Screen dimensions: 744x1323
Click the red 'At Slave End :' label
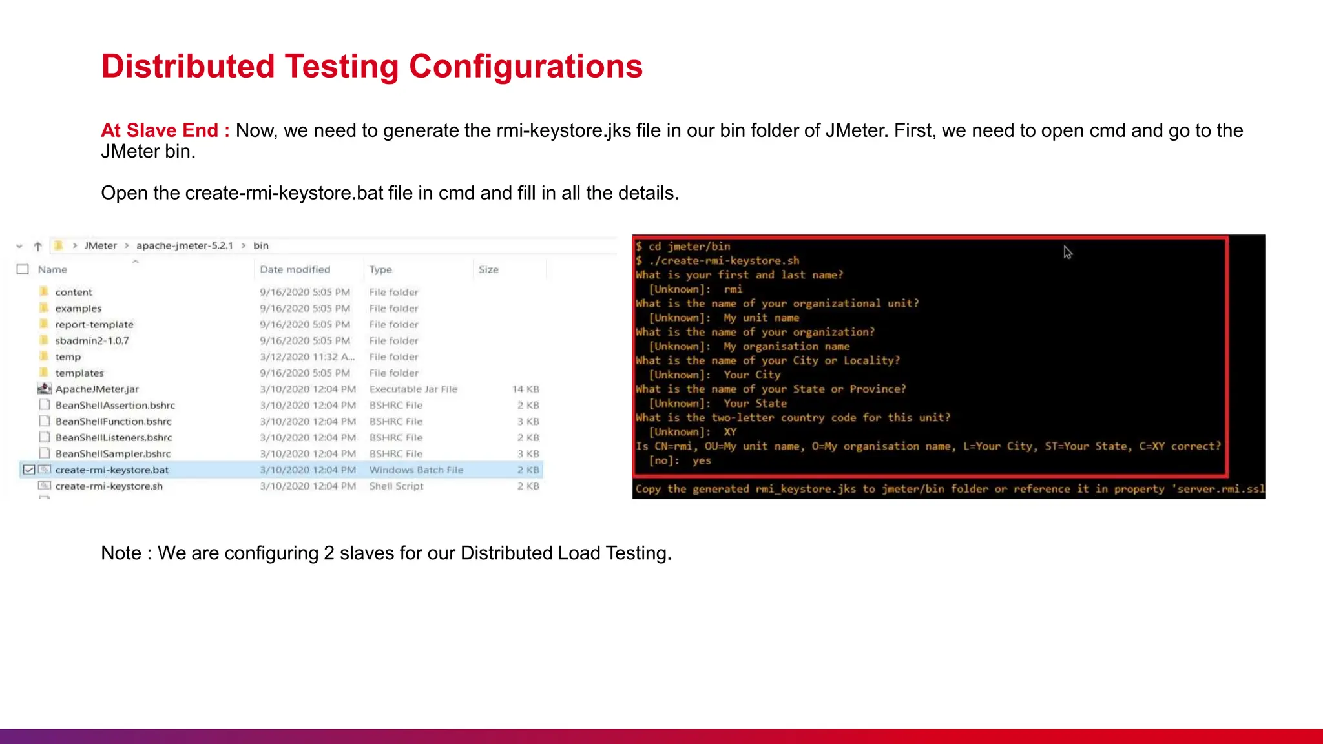(x=165, y=130)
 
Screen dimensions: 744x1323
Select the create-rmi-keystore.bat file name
(x=112, y=470)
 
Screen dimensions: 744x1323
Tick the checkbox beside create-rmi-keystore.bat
(x=29, y=470)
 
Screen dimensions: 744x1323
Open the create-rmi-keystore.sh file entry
(x=109, y=486)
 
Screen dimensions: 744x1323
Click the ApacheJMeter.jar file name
(x=97, y=389)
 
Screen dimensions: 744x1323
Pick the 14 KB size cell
(x=525, y=389)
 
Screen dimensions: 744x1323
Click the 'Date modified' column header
(x=295, y=269)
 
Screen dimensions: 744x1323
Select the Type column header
(x=380, y=269)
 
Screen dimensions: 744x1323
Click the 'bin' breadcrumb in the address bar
(x=261, y=245)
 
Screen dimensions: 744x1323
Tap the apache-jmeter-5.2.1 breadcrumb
(x=184, y=245)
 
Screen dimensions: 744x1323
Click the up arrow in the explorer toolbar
(x=38, y=246)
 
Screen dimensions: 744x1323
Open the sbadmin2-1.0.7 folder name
(x=92, y=341)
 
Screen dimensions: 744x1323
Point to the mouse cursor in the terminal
(x=1067, y=252)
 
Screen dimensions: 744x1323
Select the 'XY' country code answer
(x=730, y=432)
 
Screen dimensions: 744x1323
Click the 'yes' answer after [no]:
(x=702, y=460)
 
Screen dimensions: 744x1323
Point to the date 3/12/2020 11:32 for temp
(x=307, y=357)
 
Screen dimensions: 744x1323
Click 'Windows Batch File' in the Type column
(x=416, y=470)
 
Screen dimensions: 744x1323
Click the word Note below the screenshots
(x=121, y=553)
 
